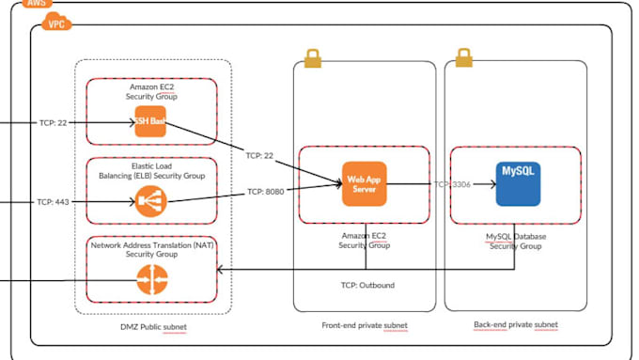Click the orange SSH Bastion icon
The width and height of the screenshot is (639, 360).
point(150,123)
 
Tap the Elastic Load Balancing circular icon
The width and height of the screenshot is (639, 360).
point(150,200)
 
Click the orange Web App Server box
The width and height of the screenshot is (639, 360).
point(362,185)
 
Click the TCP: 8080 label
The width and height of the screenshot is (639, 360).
point(267,192)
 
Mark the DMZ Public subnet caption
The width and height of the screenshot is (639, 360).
point(151,326)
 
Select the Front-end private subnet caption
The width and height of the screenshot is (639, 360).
point(364,325)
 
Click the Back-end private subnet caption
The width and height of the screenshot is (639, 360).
point(516,325)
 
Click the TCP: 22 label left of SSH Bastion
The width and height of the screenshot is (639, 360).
point(52,123)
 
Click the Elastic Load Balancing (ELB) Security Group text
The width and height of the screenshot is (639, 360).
point(151,170)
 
